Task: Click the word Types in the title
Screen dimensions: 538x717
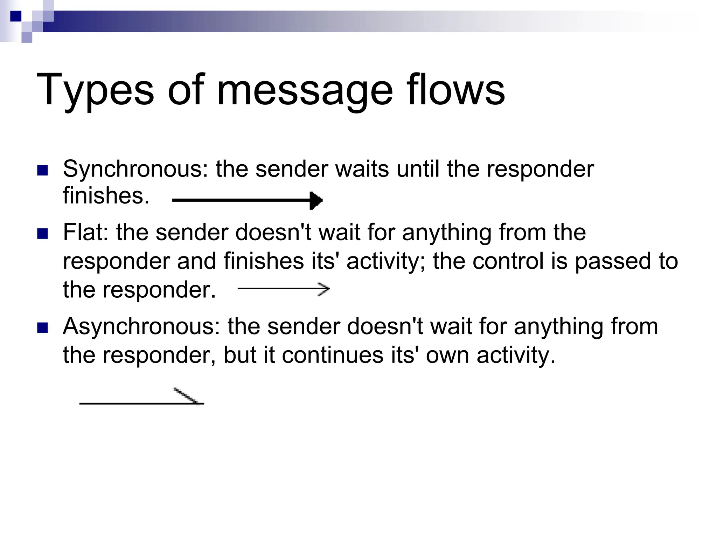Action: pyautogui.click(x=95, y=90)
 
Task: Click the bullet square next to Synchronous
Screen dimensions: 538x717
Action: pyautogui.click(x=42, y=170)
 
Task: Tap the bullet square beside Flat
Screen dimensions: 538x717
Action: pyautogui.click(x=42, y=234)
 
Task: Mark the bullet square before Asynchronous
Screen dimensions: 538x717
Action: pyautogui.click(x=42, y=328)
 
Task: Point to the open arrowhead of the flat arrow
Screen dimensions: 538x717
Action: pyautogui.click(x=324, y=289)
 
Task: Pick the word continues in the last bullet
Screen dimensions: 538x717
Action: pyautogui.click(x=333, y=355)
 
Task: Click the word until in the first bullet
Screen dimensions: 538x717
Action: pyautogui.click(x=418, y=169)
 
